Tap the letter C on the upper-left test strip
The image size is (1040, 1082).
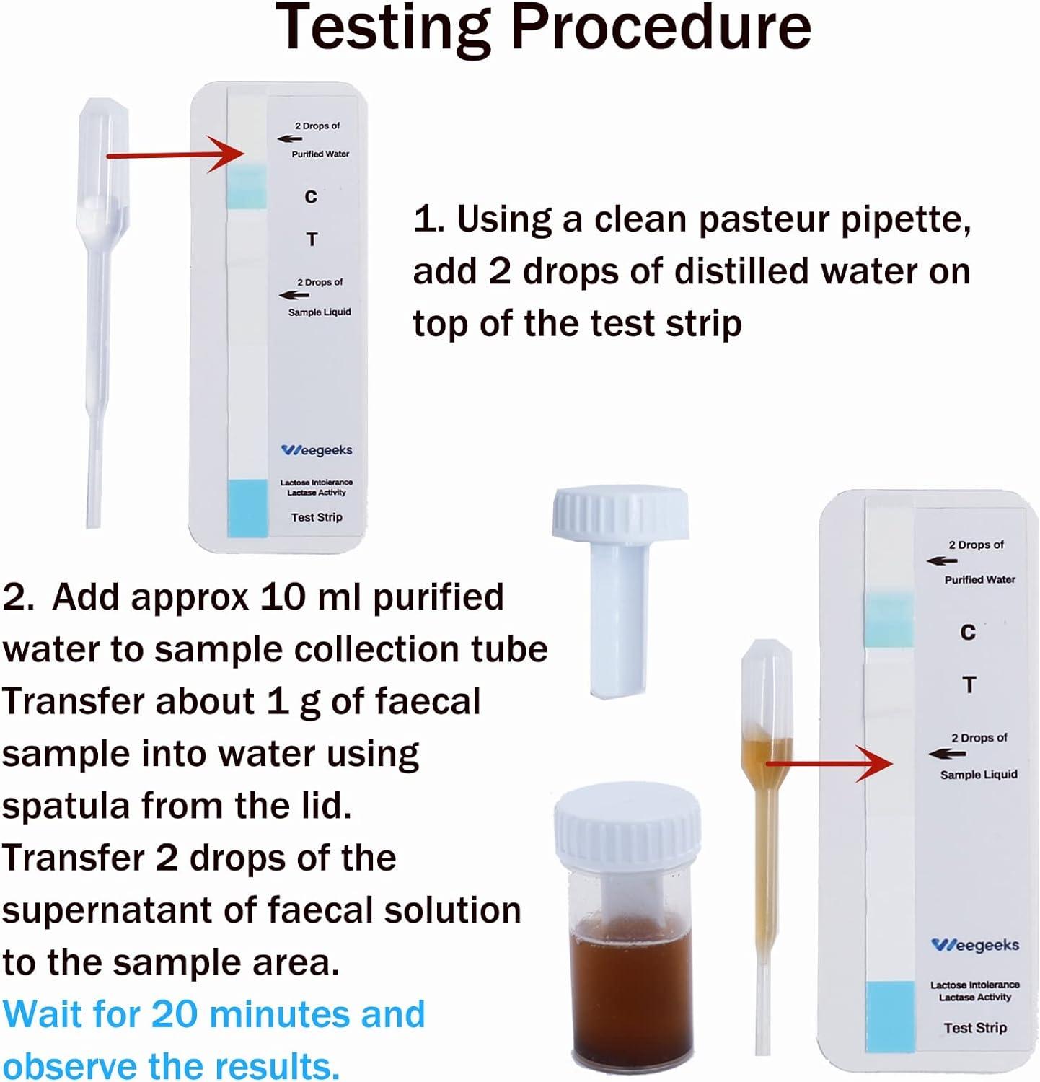pos(311,197)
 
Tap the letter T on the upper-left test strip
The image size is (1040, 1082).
pos(312,239)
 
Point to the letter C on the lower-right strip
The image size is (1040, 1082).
pos(968,633)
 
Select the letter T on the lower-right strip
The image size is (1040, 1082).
pos(969,685)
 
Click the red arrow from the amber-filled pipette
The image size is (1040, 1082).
pos(829,762)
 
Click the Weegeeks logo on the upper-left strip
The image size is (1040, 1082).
pos(317,450)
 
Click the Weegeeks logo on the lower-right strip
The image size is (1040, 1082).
pos(975,945)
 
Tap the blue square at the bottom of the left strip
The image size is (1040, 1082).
pos(247,508)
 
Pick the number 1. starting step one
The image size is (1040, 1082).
pos(428,219)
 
